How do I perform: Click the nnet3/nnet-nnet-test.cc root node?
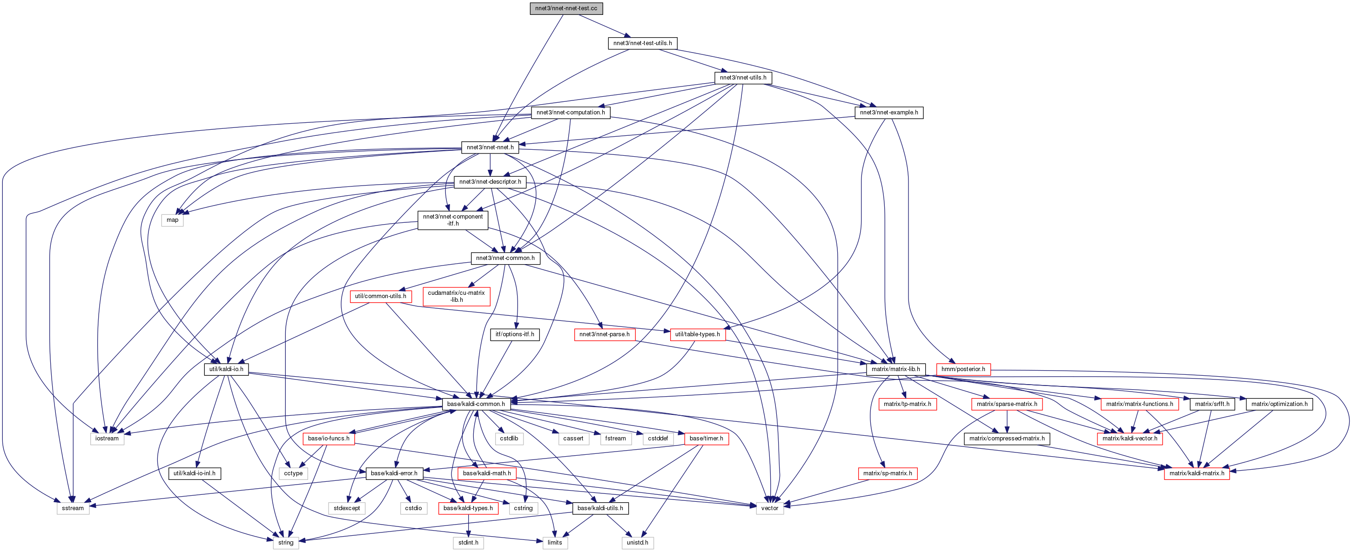click(x=566, y=8)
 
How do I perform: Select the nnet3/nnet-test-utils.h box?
click(x=642, y=43)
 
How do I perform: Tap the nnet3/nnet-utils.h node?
click(x=743, y=78)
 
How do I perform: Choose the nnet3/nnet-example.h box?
click(x=888, y=112)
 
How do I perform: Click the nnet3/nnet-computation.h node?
click(x=571, y=112)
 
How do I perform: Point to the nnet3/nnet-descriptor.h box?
click(x=490, y=182)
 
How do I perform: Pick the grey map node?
click(x=172, y=219)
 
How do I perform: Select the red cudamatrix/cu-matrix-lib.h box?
click(x=456, y=296)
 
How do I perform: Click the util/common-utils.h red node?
click(x=381, y=296)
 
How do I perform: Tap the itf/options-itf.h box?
click(x=514, y=334)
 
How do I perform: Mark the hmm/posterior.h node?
click(x=963, y=369)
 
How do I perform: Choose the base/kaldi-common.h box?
click(x=476, y=404)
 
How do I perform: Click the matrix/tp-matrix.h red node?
click(x=907, y=404)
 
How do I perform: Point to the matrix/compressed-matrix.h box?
click(x=1007, y=438)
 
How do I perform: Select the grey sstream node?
click(x=73, y=508)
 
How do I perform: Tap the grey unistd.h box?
click(x=637, y=543)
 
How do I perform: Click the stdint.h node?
click(x=468, y=543)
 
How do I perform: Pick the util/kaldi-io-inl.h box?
click(x=194, y=473)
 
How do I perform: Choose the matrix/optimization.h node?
click(x=1279, y=404)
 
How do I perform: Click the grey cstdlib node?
click(x=509, y=438)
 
